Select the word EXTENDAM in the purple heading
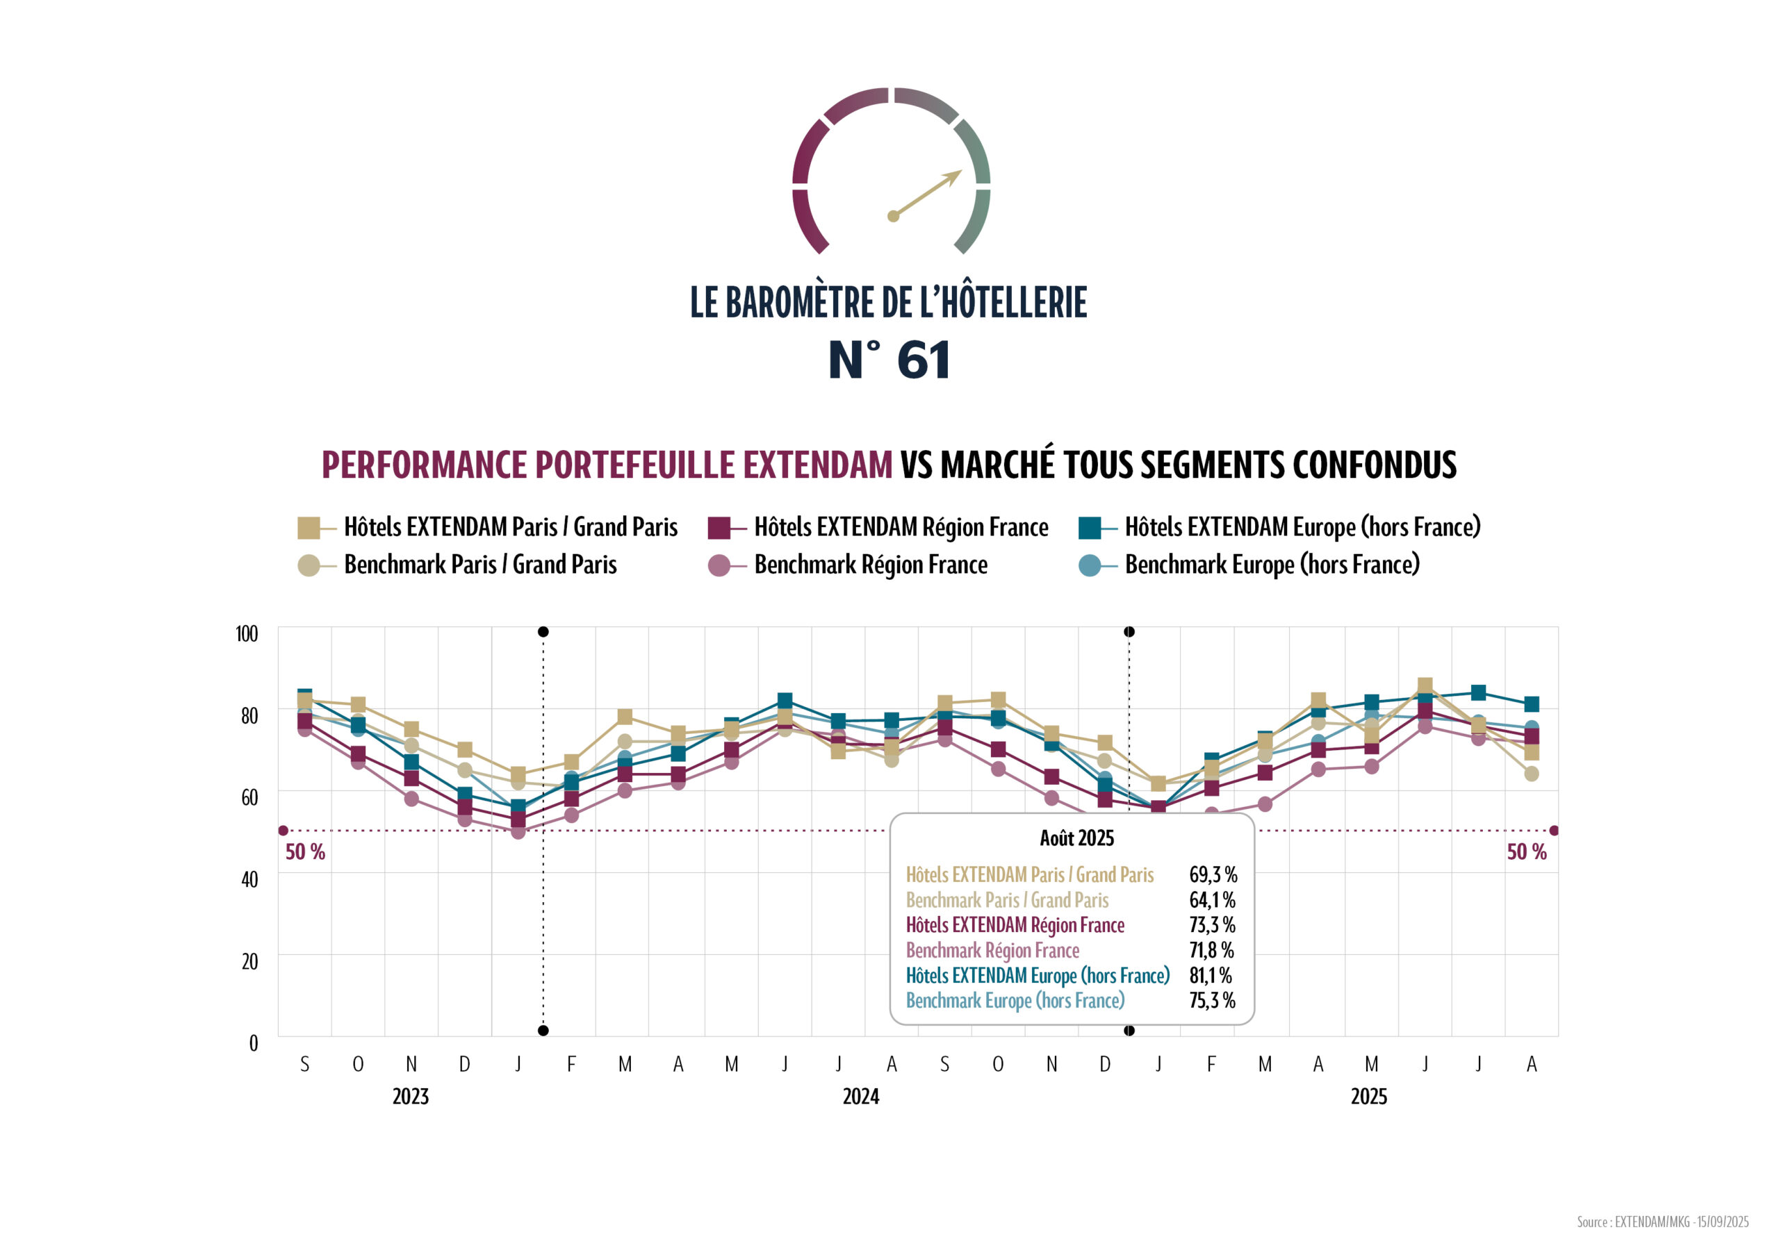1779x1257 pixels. [x=817, y=465]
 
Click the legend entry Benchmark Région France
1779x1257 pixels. [x=870, y=565]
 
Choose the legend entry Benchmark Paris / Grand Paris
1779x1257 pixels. [x=479, y=565]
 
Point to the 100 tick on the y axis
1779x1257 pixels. [x=247, y=633]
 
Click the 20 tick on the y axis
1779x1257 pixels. [x=249, y=961]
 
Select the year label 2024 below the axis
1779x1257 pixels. [x=861, y=1097]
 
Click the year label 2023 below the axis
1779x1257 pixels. [x=410, y=1097]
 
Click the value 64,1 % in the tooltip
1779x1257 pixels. [x=1212, y=900]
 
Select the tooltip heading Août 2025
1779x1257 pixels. [x=1076, y=838]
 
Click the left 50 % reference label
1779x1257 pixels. [x=304, y=852]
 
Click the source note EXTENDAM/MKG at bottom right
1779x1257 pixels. [x=1662, y=1222]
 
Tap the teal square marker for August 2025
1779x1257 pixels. [x=1531, y=704]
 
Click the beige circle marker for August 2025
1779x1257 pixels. [x=1531, y=774]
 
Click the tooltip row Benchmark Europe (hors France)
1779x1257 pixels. [x=1015, y=1001]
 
